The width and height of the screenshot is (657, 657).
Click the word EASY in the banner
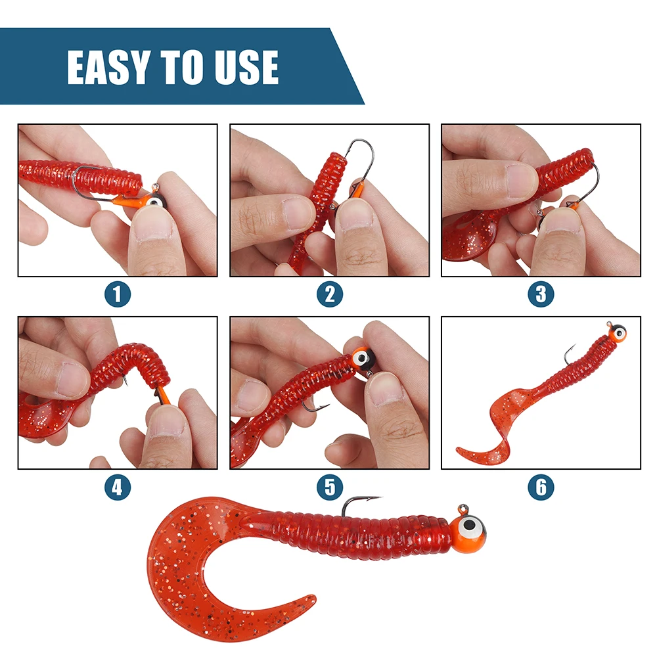click(108, 67)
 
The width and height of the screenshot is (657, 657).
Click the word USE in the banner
click(247, 67)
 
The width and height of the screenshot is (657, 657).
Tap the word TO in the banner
click(183, 67)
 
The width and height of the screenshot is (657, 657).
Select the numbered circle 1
click(118, 294)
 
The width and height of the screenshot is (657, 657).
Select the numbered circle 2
click(330, 294)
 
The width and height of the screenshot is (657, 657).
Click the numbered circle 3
click(541, 294)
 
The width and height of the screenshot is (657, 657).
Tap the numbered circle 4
click(118, 487)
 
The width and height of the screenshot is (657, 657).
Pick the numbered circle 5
click(330, 487)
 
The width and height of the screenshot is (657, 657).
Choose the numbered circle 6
click(541, 487)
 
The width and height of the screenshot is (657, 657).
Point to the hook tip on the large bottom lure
click(380, 498)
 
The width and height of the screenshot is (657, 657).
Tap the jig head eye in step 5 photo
click(360, 359)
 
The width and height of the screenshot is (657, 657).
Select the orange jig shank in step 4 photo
click(164, 397)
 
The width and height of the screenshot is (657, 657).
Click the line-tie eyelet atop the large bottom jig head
click(463, 510)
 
